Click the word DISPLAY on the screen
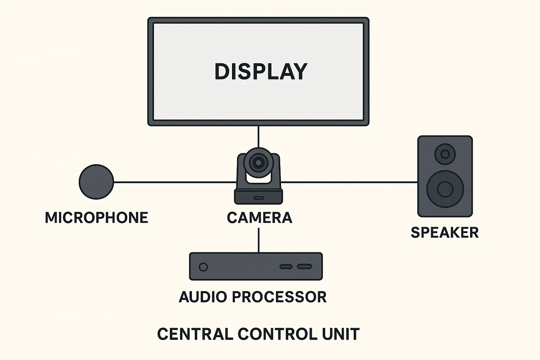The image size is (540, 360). click(x=261, y=71)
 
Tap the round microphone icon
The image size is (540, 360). click(x=96, y=182)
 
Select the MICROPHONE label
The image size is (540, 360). click(x=96, y=218)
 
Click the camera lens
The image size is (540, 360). click(x=258, y=162)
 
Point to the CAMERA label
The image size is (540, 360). click(x=259, y=218)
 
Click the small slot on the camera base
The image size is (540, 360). click(x=259, y=198)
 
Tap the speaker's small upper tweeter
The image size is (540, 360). click(x=445, y=154)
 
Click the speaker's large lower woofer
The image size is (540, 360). click(x=445, y=189)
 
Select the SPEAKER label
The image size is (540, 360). click(x=445, y=233)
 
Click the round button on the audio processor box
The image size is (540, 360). click(x=203, y=267)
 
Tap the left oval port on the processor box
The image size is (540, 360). click(x=286, y=266)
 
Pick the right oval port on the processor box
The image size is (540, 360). click(x=304, y=266)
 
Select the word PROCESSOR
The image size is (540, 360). click(x=279, y=297)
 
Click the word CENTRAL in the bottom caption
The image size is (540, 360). click(x=195, y=334)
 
